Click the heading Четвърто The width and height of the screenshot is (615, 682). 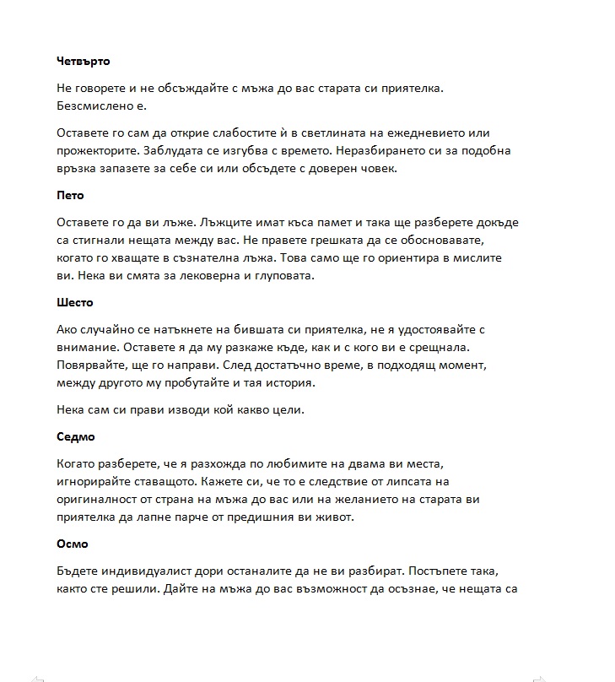coord(84,61)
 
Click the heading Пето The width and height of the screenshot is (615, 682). coord(70,195)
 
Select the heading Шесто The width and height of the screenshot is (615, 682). coord(75,302)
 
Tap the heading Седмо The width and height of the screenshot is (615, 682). coord(76,436)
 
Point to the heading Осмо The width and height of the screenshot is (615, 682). coord(73,544)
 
